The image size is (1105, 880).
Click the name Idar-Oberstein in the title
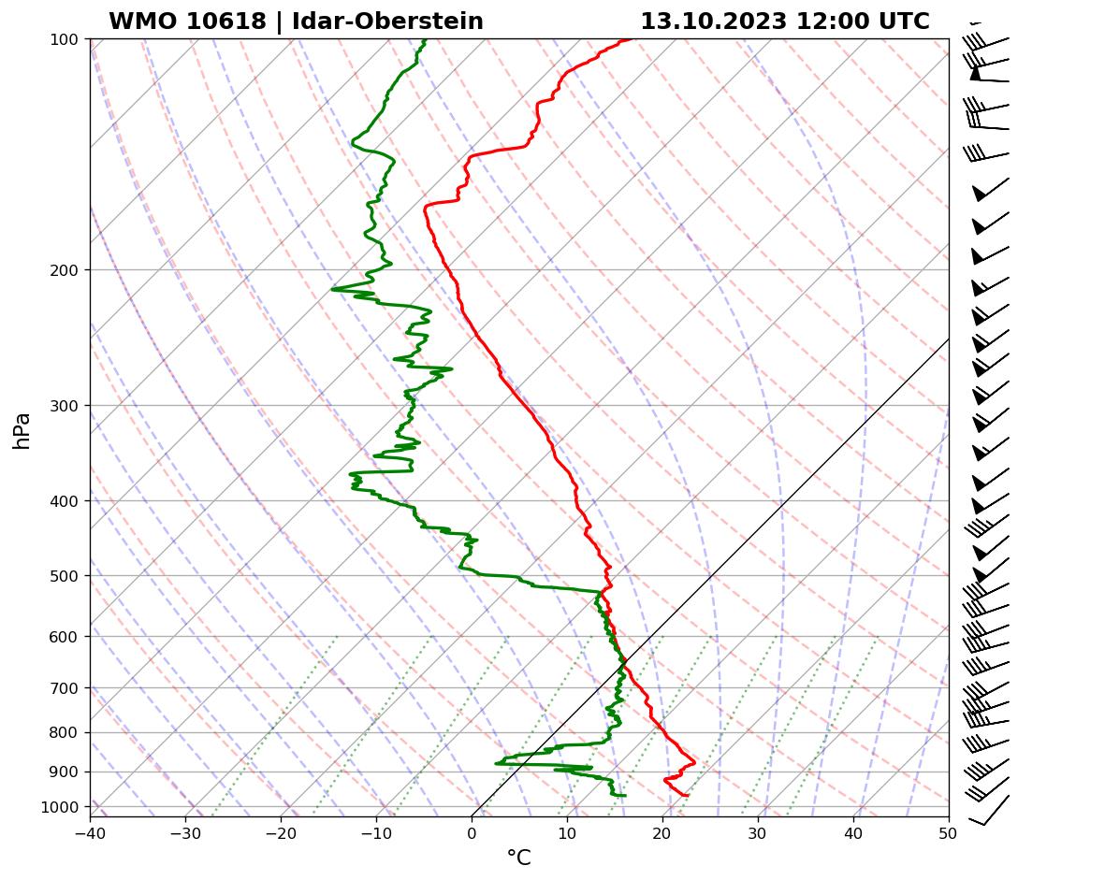(387, 22)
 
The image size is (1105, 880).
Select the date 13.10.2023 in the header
(713, 22)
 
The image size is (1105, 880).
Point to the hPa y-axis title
(22, 430)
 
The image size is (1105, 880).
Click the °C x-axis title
(518, 858)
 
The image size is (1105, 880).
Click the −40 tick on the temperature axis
(90, 831)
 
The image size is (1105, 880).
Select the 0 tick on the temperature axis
(472, 831)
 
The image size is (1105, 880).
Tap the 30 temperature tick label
(758, 831)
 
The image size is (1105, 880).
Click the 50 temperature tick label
(949, 831)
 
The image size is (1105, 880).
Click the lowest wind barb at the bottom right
(989, 810)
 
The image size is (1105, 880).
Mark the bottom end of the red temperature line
(688, 795)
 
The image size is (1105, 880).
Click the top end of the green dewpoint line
(425, 40)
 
